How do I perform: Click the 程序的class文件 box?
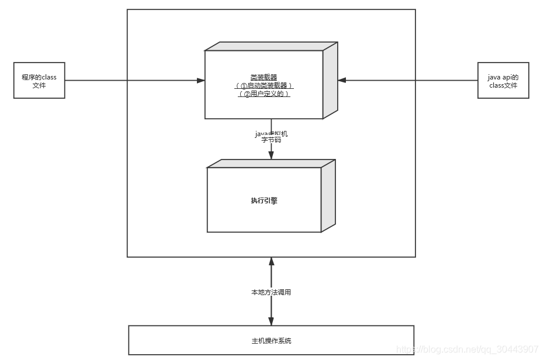coord(39,81)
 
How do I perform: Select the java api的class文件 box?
coord(503,81)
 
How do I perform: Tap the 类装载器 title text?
coord(264,77)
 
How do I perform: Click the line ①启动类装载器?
coord(264,85)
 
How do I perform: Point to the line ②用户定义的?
coord(264,94)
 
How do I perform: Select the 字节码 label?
coord(271,141)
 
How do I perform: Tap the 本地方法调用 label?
coord(271,292)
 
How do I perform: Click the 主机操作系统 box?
coord(271,340)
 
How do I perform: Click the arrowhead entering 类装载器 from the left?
coord(200,81)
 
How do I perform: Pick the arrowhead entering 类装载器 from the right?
coord(342,81)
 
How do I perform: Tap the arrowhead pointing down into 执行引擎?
coord(271,154)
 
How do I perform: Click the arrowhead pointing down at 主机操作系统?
coord(271,321)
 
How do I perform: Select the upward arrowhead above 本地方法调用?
coord(271,261)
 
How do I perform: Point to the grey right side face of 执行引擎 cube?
coord(328,196)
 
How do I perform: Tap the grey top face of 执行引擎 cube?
coord(271,163)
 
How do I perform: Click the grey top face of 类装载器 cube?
coord(271,46)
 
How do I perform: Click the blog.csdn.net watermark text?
coord(467,349)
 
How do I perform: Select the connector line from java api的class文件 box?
coord(409,81)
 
